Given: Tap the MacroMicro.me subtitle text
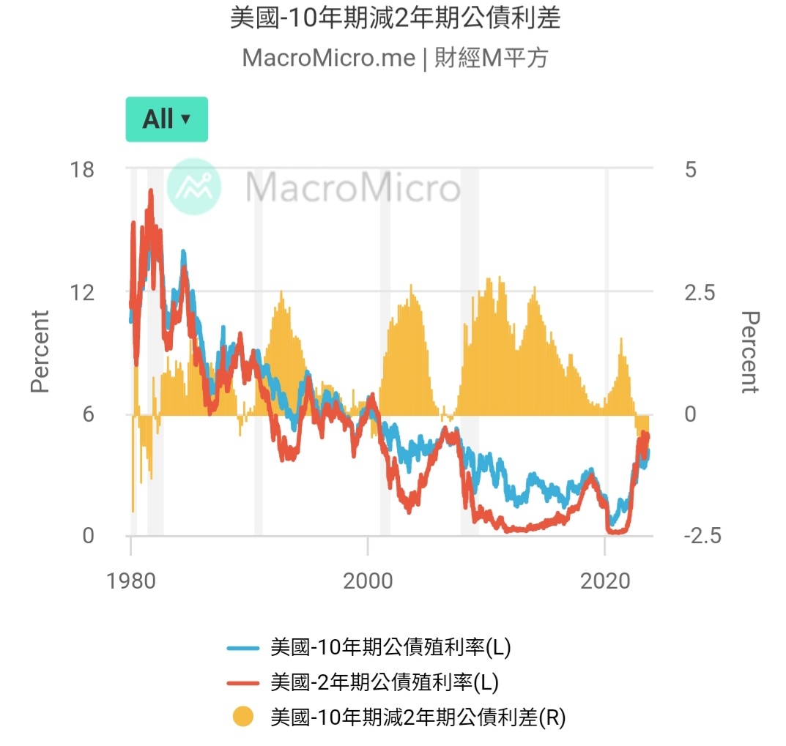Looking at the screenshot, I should (395, 58).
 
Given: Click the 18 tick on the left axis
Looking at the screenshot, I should (81, 170).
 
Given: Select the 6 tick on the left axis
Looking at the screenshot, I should (88, 414).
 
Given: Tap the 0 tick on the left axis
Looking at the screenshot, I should (88, 536).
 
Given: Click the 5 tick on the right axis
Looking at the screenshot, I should (690, 170).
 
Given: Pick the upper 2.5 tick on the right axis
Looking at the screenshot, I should (697, 292).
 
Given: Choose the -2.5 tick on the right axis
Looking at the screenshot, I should (702, 536).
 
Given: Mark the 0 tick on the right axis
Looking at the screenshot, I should (690, 414).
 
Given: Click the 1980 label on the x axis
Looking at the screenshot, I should (130, 581).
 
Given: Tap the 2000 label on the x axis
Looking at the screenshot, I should (367, 581).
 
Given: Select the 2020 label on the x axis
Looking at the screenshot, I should (604, 581).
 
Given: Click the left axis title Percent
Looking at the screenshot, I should (40, 351).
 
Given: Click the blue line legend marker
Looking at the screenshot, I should (243, 648).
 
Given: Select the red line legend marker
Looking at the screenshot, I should (243, 682).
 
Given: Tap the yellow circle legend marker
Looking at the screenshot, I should (243, 717).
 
